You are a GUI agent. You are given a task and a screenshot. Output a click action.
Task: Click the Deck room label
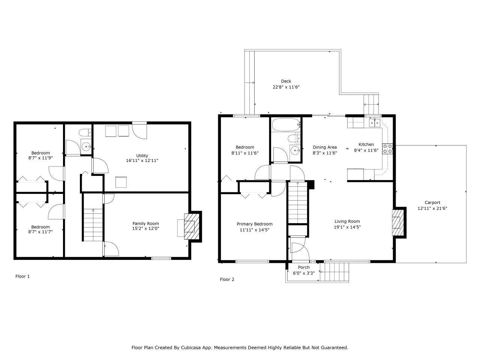pos(286,81)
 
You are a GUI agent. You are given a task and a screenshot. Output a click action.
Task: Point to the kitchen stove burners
pos(387,149)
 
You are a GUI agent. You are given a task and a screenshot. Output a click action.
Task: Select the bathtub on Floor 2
pos(285,125)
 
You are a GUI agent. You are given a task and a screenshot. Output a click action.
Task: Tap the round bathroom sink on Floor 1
pos(86,147)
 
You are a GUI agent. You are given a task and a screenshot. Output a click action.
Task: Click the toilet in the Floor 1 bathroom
pos(85,132)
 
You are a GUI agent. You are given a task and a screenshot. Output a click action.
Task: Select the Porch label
pos(304,267)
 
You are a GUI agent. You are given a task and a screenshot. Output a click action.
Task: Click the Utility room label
pos(142,156)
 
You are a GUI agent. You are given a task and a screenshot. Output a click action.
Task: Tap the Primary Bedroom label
pos(254,224)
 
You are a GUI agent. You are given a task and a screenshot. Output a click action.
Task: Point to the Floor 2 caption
pos(227,279)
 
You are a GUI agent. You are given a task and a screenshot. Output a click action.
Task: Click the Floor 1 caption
pos(22,276)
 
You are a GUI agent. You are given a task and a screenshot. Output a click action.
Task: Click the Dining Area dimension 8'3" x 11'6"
pos(325,153)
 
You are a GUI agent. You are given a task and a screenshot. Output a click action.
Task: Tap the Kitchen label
pos(366,144)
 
